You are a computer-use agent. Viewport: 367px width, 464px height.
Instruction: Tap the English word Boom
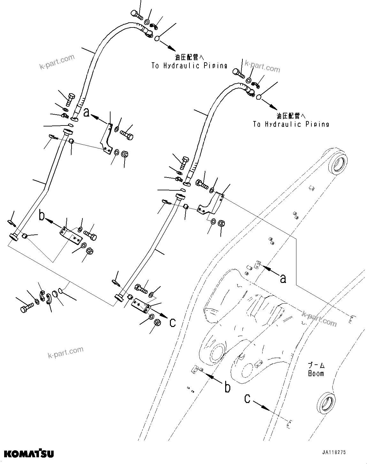pos(316,373)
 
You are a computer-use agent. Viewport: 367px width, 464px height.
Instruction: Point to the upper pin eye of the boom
pos(338,163)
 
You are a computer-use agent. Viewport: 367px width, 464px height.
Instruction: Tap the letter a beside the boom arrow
pos(282,278)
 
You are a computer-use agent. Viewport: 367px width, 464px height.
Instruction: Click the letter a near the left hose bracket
pos(87,113)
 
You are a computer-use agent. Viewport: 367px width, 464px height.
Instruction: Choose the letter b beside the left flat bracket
pos(42,216)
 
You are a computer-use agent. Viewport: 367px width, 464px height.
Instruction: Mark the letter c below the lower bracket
pos(172,323)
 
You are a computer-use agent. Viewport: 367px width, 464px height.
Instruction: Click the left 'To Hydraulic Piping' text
pos(189,66)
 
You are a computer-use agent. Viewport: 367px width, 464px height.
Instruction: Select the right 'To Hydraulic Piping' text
pos(291,124)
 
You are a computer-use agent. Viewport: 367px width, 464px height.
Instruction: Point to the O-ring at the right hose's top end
pos(259,97)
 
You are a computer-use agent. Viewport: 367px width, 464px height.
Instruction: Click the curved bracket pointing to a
pos(107,137)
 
